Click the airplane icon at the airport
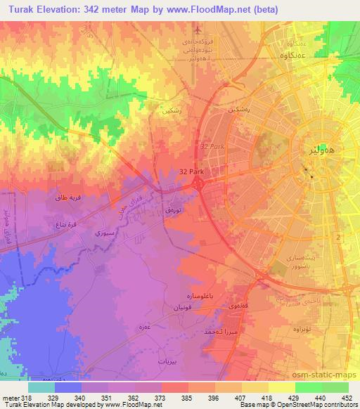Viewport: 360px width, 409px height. click(x=199, y=31)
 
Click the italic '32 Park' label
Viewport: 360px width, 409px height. click(x=211, y=145)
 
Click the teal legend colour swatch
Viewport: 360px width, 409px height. click(x=41, y=387)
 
